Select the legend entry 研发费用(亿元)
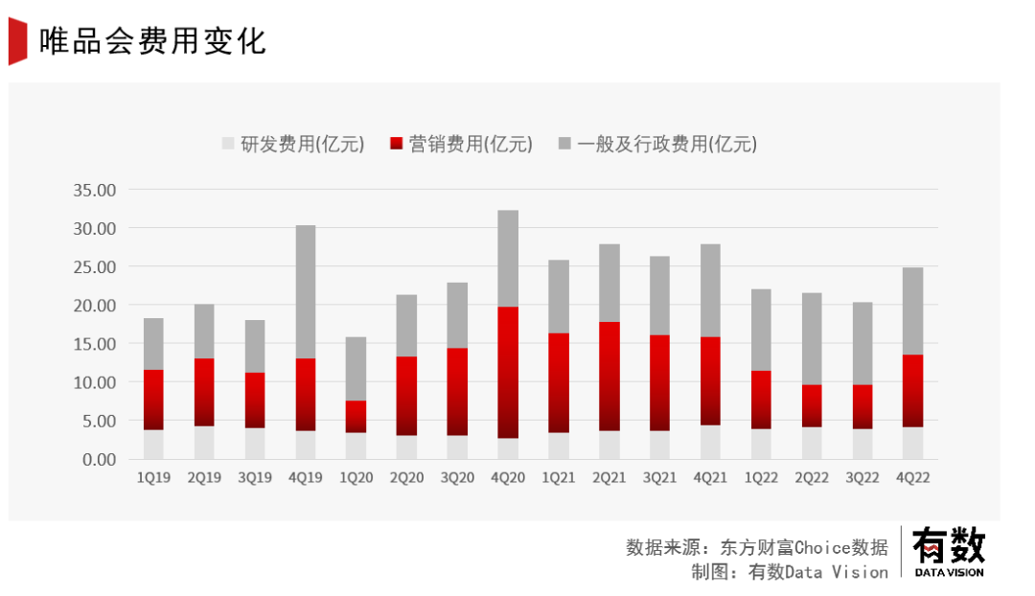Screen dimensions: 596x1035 coord(293,145)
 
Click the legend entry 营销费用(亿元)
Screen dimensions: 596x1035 coord(461,145)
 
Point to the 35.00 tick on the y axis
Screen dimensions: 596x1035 coord(94,190)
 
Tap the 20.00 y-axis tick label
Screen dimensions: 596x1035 coord(94,305)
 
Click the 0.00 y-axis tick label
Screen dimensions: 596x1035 coord(98,459)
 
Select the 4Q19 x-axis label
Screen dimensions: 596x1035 coord(305,477)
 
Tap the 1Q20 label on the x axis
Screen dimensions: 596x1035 coord(356,477)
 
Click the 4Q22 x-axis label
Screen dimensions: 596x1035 coord(912,477)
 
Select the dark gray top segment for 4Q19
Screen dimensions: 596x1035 coord(305,291)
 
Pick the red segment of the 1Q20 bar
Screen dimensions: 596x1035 coord(356,416)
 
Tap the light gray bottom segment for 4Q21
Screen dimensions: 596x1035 coord(710,442)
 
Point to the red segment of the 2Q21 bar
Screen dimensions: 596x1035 coord(609,376)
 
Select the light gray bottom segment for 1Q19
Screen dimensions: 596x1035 coord(153,445)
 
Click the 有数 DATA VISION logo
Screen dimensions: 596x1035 coord(948,553)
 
